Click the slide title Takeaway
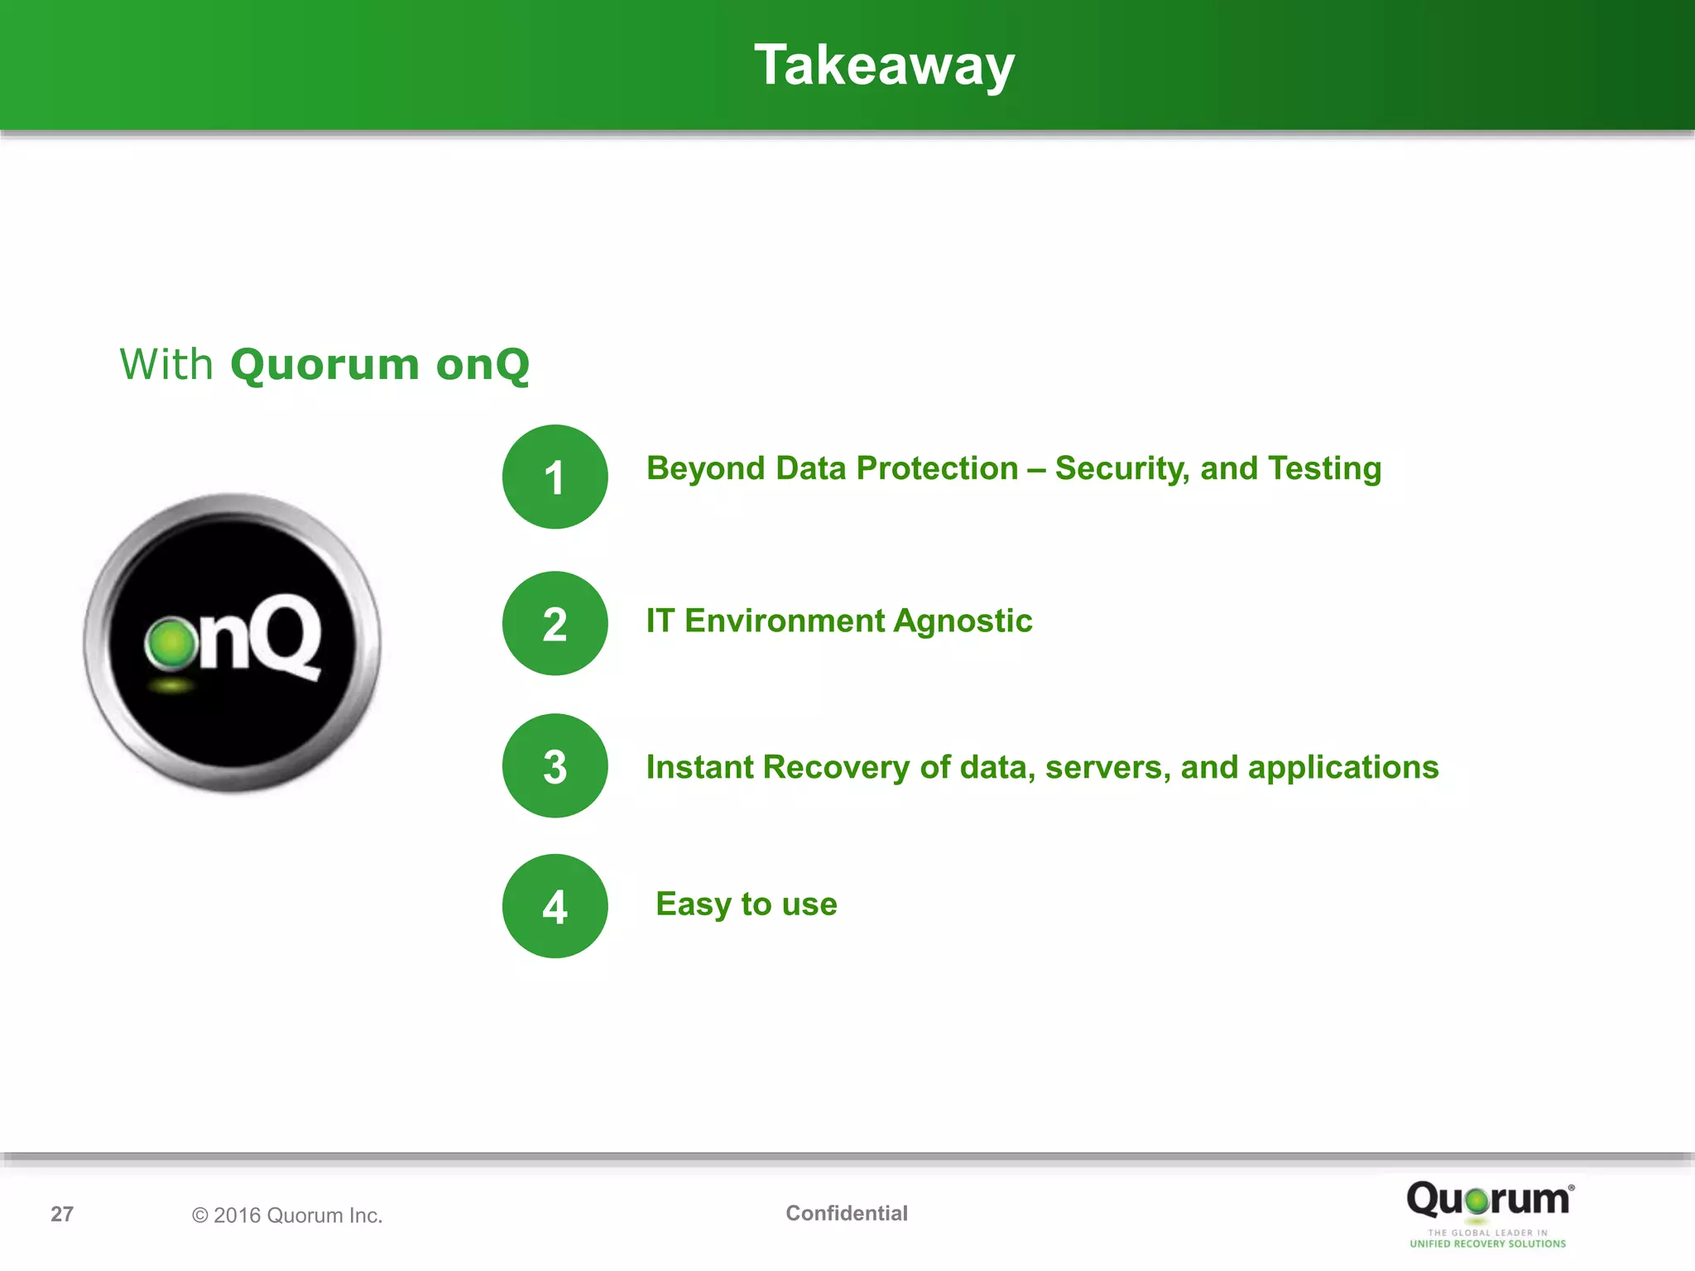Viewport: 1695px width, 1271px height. (x=883, y=65)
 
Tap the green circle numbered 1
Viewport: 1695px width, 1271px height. (x=555, y=477)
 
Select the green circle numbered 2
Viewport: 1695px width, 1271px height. (x=555, y=623)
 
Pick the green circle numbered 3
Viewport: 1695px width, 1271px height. (x=555, y=765)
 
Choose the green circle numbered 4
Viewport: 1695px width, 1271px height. (x=555, y=906)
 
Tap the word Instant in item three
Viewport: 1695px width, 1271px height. (x=699, y=767)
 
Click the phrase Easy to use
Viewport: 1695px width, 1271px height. (x=746, y=904)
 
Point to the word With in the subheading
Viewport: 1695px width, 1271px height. (x=166, y=364)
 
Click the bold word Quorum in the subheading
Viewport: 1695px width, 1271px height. (x=324, y=364)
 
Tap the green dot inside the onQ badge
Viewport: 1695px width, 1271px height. (x=171, y=644)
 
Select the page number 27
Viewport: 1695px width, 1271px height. (x=62, y=1214)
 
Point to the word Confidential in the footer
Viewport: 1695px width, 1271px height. (x=846, y=1213)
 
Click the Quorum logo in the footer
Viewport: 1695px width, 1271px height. (x=1487, y=1200)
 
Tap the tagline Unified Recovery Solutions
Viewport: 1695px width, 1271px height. (x=1487, y=1244)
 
